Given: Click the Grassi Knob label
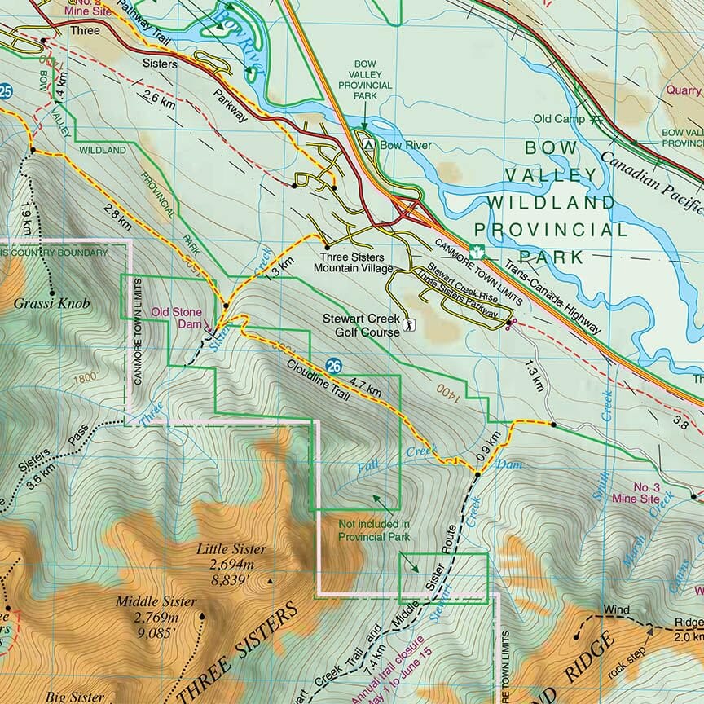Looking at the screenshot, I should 51,304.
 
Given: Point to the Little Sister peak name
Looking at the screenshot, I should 231,549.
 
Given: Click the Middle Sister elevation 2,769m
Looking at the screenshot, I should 156,616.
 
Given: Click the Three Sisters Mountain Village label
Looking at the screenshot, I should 354,262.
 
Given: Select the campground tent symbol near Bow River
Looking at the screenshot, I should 369,145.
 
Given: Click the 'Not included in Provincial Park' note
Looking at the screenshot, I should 374,530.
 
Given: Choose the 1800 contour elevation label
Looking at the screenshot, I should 81,378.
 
